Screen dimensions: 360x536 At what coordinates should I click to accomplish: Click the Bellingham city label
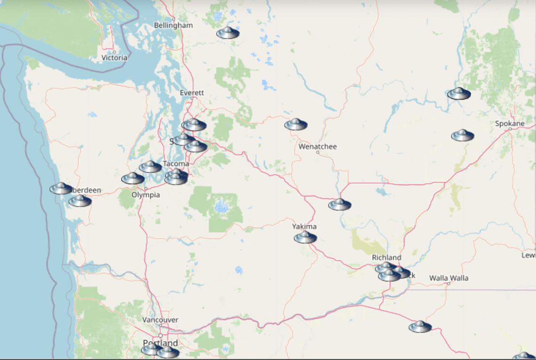click(173, 25)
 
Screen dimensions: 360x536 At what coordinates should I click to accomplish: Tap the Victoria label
click(114, 58)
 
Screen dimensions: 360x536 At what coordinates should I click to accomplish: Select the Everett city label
click(192, 93)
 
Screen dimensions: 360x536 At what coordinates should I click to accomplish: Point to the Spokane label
click(510, 124)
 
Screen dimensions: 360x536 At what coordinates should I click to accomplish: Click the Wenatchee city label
click(317, 147)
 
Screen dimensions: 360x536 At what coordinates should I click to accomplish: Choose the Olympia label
click(145, 195)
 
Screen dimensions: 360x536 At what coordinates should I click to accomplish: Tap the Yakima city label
click(304, 227)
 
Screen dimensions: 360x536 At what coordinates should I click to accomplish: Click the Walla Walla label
click(449, 278)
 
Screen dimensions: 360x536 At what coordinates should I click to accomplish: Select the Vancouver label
click(160, 320)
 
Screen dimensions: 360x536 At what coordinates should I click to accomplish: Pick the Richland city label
click(386, 257)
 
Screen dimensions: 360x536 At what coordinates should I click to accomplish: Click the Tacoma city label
click(176, 164)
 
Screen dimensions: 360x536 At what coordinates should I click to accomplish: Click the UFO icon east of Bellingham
click(228, 32)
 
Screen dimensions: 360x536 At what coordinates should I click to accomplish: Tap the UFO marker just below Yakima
click(305, 237)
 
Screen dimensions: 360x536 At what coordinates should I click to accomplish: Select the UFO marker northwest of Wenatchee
click(296, 124)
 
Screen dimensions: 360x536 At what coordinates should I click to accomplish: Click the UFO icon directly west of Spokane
click(462, 136)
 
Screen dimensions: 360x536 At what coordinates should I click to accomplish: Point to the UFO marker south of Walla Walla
click(420, 327)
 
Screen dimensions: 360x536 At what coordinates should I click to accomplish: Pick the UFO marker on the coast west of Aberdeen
click(61, 189)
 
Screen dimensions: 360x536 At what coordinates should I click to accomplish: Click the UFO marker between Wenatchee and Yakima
click(339, 204)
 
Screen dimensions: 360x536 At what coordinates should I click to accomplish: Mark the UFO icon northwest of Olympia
click(133, 178)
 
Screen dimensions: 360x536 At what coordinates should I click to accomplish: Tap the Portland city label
click(160, 343)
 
